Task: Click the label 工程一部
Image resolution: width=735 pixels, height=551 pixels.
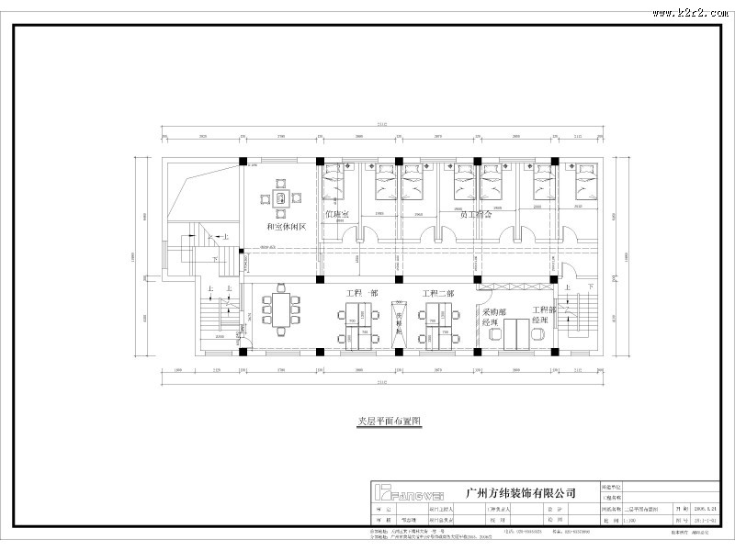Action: tap(360, 294)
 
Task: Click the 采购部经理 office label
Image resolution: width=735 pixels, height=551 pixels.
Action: tap(491, 318)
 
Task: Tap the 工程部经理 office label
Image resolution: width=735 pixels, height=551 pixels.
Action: tap(544, 315)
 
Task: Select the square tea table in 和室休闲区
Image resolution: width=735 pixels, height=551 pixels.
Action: tap(278, 197)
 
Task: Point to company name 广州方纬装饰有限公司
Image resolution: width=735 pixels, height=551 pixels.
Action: tap(521, 492)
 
